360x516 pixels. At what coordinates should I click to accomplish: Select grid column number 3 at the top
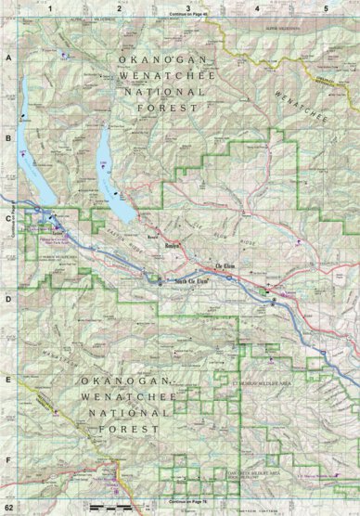188,7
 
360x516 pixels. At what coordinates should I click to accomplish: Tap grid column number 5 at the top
326,7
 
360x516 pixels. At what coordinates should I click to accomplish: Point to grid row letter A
7,58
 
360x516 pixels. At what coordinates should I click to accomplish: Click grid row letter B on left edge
7,139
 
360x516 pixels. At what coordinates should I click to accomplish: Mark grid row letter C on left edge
7,220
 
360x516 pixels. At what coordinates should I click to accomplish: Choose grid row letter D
7,300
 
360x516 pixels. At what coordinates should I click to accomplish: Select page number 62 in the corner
9,509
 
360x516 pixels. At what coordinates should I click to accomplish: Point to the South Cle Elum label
182,281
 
